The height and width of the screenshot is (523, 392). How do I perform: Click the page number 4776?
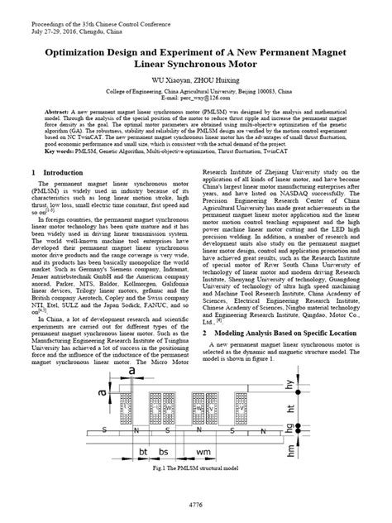tap(196, 503)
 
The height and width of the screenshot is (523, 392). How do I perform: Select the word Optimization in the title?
tap(84, 50)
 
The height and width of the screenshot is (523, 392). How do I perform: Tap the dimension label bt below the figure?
tap(142, 453)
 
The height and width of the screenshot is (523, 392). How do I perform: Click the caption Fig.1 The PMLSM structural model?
tap(196, 469)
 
